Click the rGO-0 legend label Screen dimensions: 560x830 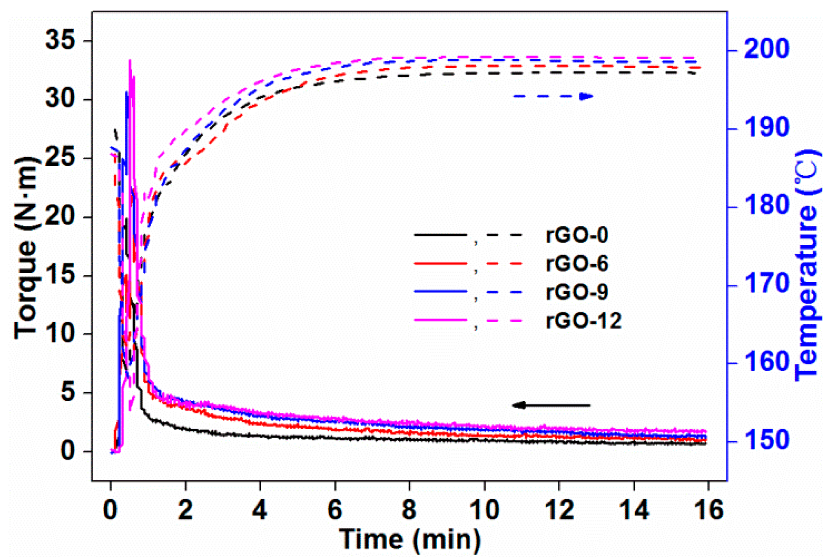[577, 236]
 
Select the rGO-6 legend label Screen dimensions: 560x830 [577, 264]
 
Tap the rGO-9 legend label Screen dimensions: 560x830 [577, 292]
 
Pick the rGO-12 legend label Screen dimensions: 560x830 [583, 321]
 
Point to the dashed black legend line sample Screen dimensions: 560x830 [504, 235]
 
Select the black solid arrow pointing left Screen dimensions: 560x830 [551, 405]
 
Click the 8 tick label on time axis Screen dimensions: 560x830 [409, 510]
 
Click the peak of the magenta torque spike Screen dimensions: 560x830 [130, 60]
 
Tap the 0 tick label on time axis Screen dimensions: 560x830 [110, 510]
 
